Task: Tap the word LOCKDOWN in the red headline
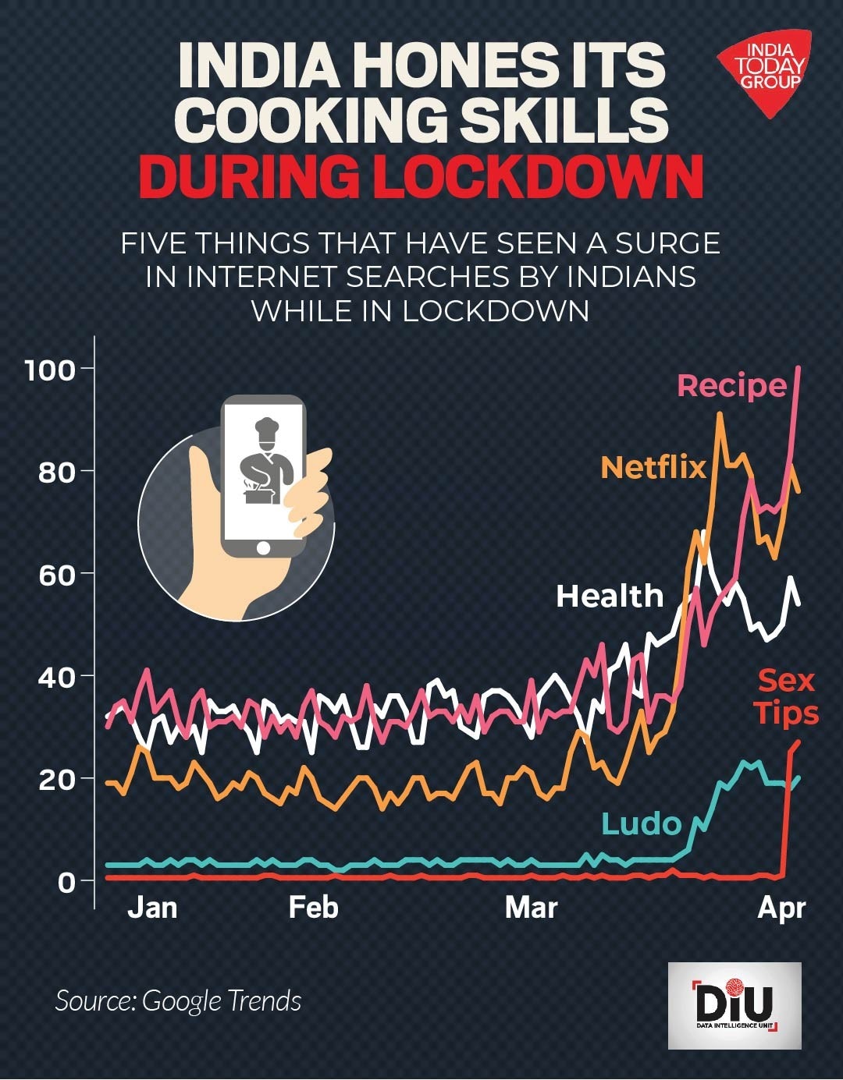point(538,178)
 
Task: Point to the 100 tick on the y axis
point(50,370)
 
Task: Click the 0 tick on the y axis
point(66,882)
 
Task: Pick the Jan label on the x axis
point(152,908)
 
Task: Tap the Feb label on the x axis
point(313,908)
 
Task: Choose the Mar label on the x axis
point(531,908)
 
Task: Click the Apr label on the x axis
point(781,908)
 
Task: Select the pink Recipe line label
point(731,385)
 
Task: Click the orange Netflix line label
point(653,467)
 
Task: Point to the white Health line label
point(610,597)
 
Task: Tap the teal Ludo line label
point(641,823)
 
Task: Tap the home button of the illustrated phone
point(263,548)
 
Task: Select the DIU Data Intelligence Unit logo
point(735,1005)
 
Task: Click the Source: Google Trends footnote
point(178,1000)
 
